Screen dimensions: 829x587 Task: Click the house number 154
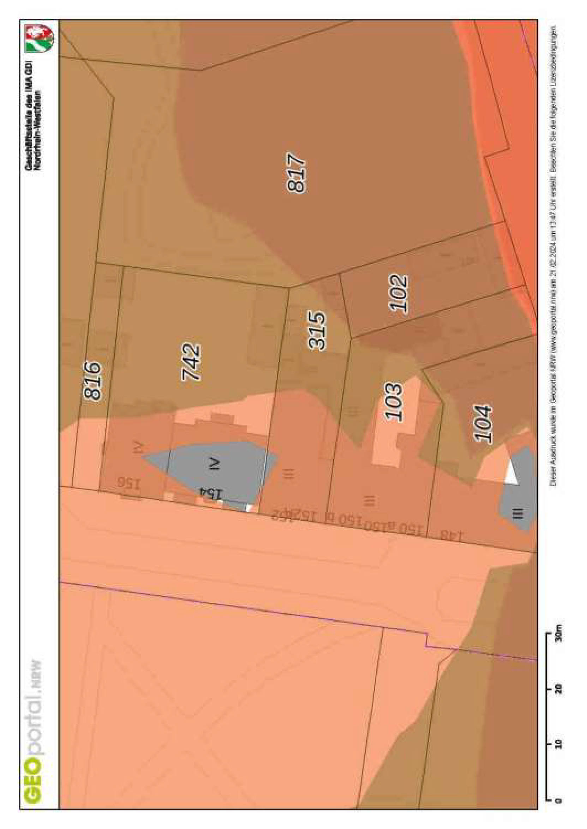pyautogui.click(x=211, y=494)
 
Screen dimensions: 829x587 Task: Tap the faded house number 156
pyautogui.click(x=128, y=483)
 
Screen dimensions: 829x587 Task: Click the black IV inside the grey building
pyautogui.click(x=215, y=464)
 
